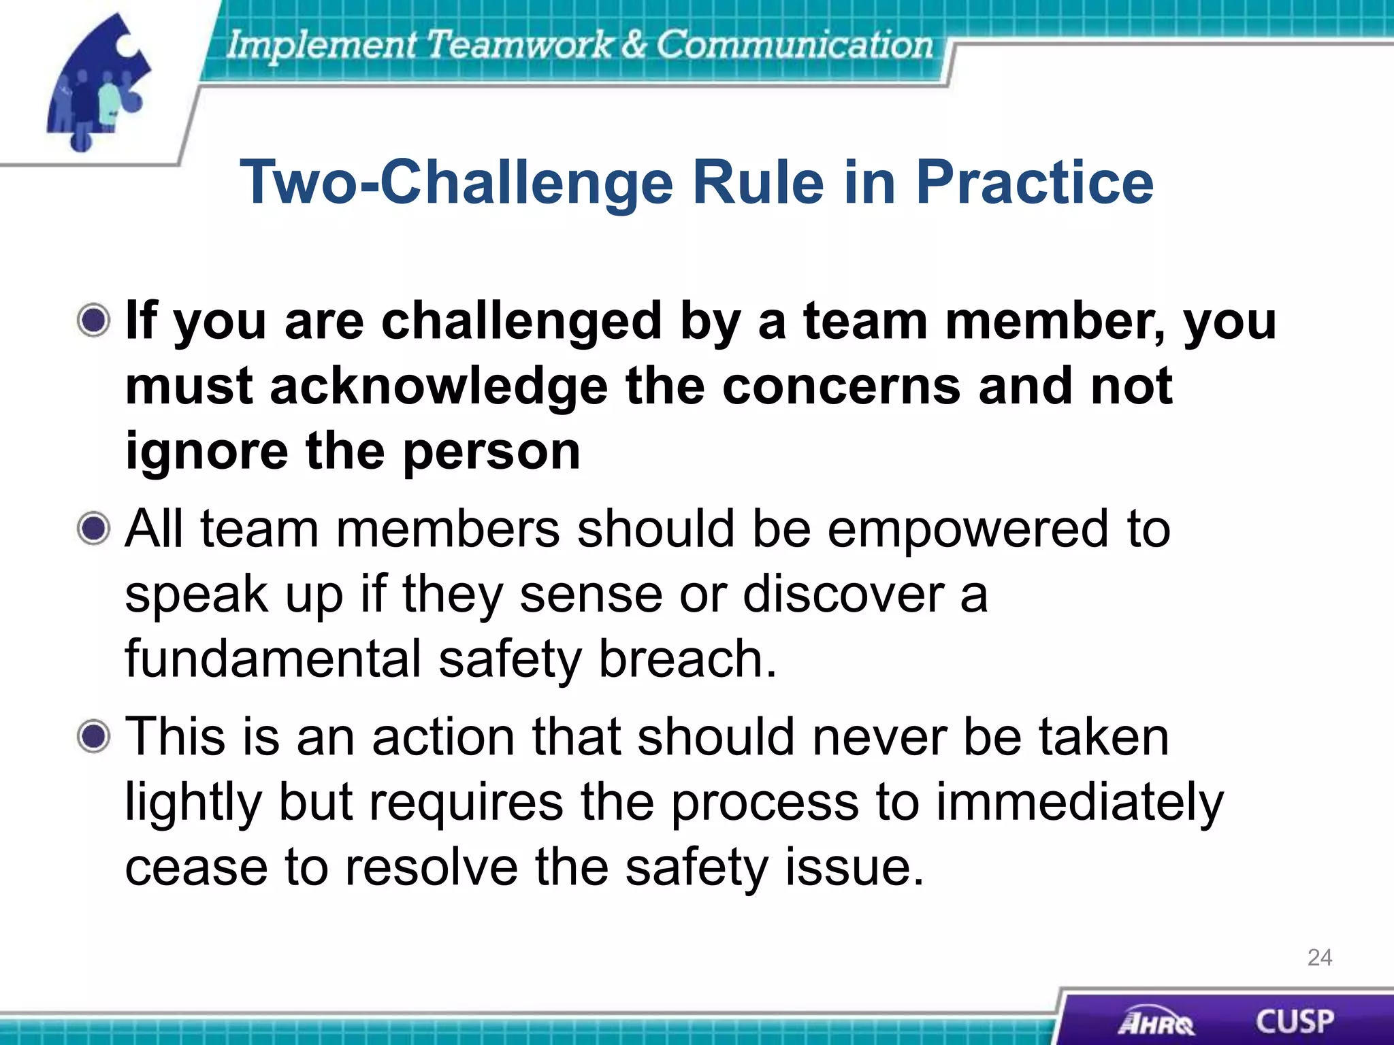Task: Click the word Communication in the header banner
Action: click(794, 45)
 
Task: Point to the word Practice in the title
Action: click(1034, 182)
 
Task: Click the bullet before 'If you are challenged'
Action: click(93, 320)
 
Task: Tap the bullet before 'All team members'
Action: click(93, 529)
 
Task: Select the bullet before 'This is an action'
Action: click(93, 736)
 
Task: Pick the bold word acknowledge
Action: click(438, 386)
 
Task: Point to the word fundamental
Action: click(273, 659)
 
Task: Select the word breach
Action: click(687, 659)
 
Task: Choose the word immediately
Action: click(1080, 803)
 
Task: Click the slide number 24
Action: click(1319, 957)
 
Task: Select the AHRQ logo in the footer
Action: click(1155, 1023)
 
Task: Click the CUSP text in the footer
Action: click(1294, 1021)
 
